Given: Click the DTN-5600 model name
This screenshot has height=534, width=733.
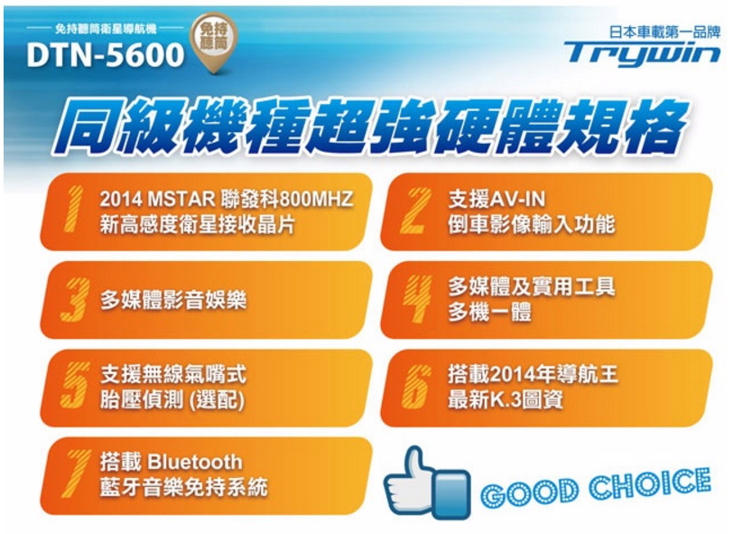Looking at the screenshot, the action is [x=106, y=55].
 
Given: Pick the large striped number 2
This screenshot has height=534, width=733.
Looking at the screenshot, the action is [x=414, y=211].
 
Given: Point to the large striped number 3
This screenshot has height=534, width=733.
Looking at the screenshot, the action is [x=75, y=298].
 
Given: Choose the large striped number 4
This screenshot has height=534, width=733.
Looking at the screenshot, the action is [x=416, y=298].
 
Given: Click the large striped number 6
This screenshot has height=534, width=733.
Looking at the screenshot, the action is [x=415, y=387].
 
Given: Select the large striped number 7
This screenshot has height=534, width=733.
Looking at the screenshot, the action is [x=75, y=473].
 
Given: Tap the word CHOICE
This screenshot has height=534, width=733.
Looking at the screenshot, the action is [x=649, y=483].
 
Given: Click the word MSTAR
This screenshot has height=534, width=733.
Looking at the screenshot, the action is [x=181, y=199].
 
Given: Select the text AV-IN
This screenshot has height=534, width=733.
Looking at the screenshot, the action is [x=517, y=200].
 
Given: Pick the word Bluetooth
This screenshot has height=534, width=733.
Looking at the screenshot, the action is [x=194, y=462].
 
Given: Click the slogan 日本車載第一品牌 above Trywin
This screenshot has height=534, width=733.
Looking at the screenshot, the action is [x=664, y=32].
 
